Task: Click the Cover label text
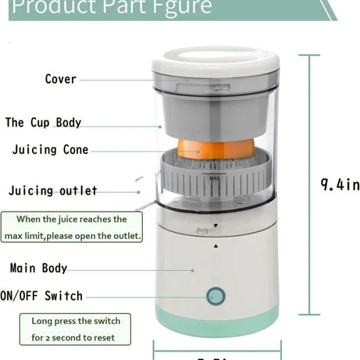pos(60,79)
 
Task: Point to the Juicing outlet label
pos(53,191)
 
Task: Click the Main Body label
pos(38,268)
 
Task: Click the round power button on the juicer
pos(214,297)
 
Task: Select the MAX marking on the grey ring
pos(214,179)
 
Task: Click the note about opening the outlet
pos(71,227)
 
